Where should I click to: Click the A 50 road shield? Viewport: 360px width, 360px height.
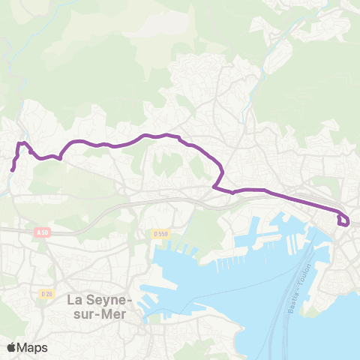pyautogui.click(x=42, y=233)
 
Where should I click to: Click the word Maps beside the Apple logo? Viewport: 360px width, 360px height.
pyautogui.click(x=33, y=347)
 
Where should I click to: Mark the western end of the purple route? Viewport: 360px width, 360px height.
pyautogui.click(x=13, y=170)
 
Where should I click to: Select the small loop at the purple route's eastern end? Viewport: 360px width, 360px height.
pyautogui.click(x=343, y=220)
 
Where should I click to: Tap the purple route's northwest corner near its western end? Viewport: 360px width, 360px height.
pyautogui.click(x=19, y=142)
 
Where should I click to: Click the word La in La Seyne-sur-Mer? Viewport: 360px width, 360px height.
pyautogui.click(x=76, y=299)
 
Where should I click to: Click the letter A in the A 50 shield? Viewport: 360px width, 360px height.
pyautogui.click(x=38, y=233)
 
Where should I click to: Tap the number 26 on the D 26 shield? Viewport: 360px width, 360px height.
pyautogui.click(x=49, y=292)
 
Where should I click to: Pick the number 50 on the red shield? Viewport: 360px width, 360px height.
pyautogui.click(x=45, y=233)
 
